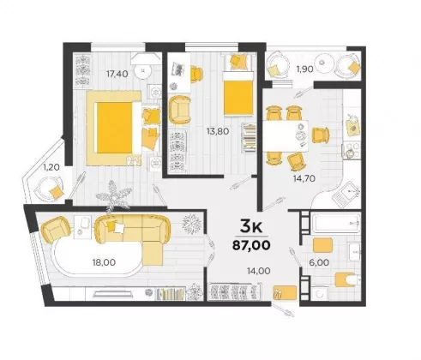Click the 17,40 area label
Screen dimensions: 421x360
[117, 74]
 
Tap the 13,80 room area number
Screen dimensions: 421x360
[218, 131]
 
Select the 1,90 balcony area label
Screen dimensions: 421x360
[304, 69]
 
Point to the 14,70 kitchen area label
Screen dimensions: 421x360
[304, 178]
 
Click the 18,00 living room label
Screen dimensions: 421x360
[104, 262]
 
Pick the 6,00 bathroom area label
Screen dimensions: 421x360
[319, 262]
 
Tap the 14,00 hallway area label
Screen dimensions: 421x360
[259, 271]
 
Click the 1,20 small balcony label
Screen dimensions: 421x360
[51, 167]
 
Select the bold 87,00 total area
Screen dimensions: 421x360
[251, 245]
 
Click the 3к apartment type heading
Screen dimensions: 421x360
[251, 226]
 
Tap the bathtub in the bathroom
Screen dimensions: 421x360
[335, 222]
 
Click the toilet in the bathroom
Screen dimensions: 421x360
[346, 279]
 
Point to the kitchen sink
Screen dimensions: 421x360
[346, 195]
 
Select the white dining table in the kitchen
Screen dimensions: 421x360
[286, 135]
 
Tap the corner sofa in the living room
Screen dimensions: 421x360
[133, 237]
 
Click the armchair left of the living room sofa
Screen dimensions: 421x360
[57, 229]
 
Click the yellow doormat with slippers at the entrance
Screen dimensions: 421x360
[286, 292]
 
